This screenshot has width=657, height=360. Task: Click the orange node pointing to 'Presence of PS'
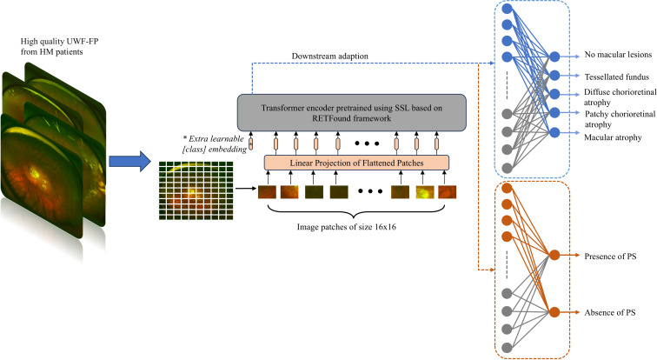[x=553, y=256]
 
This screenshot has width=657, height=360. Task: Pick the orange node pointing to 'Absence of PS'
[x=553, y=312]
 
